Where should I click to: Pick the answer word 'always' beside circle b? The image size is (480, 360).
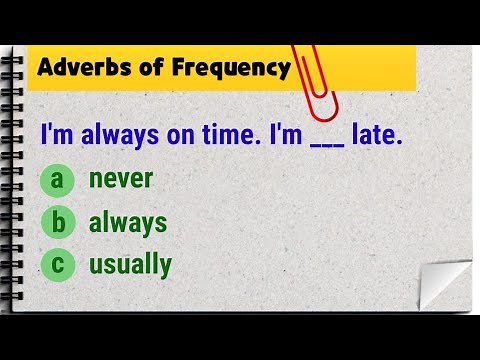[x=128, y=222]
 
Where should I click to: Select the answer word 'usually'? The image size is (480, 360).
[x=130, y=265]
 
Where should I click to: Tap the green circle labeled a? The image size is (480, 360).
[x=59, y=181]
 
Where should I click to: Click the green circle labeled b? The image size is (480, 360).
[x=59, y=223]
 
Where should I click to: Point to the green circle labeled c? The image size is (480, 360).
[x=59, y=265]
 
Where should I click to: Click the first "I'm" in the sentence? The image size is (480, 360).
[x=54, y=135]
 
